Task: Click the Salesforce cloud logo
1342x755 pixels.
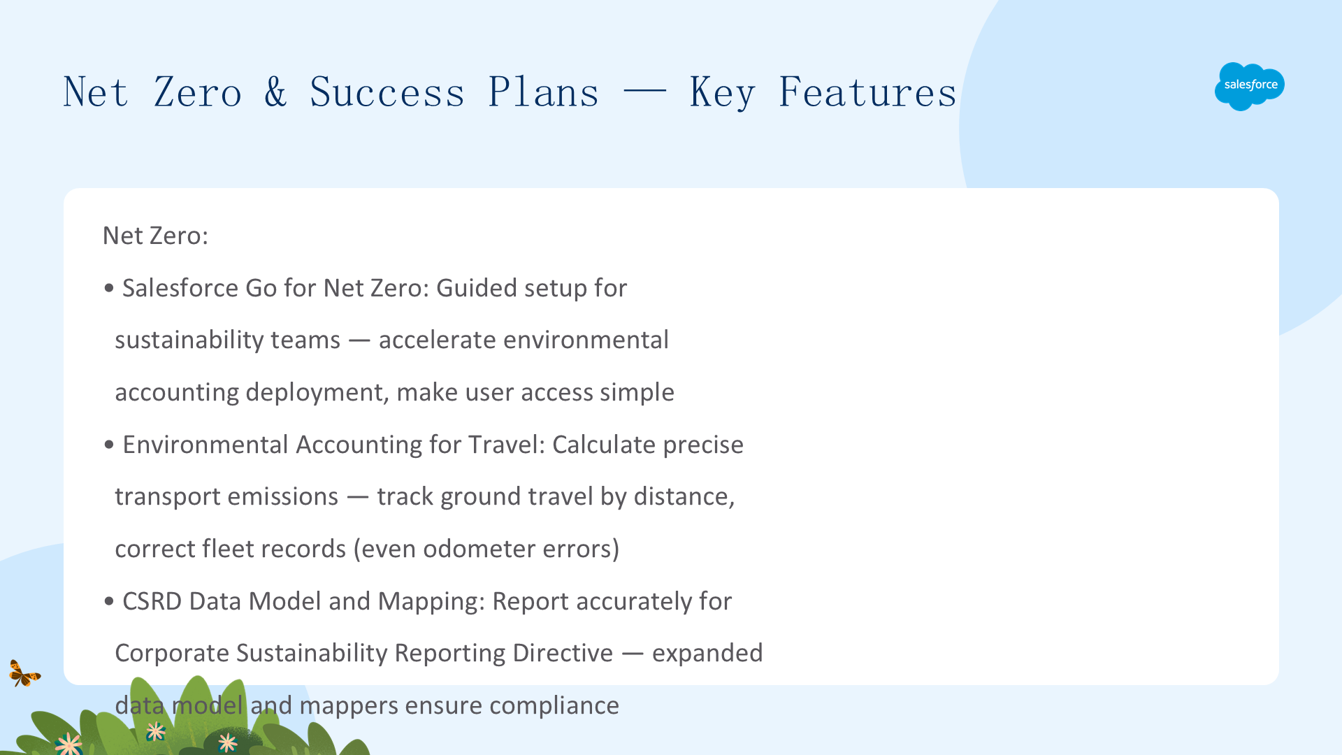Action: (x=1250, y=86)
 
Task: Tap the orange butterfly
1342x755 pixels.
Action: (x=24, y=673)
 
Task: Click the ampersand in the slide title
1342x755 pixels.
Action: (x=275, y=92)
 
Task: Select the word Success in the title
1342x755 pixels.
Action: (x=387, y=92)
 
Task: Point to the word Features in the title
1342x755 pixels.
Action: (x=867, y=92)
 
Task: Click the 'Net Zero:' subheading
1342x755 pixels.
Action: (x=155, y=236)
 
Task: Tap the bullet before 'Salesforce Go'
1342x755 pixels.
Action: (x=108, y=288)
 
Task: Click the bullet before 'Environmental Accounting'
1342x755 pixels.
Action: (x=108, y=445)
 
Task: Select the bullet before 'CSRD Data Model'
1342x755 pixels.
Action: (x=108, y=601)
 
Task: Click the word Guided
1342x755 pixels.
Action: (x=477, y=288)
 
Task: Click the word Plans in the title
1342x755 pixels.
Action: (x=544, y=92)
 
